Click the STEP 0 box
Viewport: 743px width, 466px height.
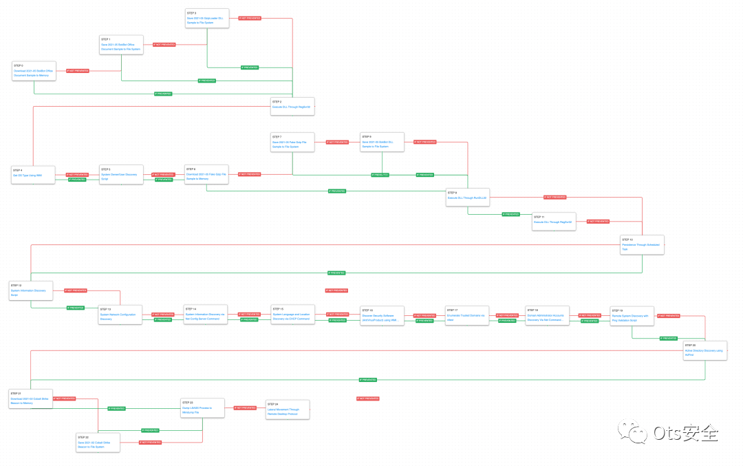point(33,71)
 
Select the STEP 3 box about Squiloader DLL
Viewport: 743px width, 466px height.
point(207,19)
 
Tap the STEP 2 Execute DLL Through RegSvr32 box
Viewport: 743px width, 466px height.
point(292,106)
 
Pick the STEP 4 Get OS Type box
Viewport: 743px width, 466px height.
point(33,175)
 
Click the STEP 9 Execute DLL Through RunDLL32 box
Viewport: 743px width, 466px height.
point(468,198)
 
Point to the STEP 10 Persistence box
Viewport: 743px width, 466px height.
point(642,244)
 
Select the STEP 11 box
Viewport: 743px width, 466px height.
point(554,222)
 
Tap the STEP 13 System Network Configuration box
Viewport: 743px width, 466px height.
point(120,315)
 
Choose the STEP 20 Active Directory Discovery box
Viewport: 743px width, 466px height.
point(704,350)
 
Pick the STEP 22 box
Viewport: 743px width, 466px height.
point(98,442)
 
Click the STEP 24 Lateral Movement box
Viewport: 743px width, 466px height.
point(288,410)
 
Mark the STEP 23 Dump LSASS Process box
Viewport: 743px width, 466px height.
point(202,408)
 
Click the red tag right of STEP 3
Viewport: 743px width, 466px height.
point(249,19)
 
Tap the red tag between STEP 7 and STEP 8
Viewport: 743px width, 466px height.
point(337,142)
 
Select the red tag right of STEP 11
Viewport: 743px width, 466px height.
point(597,222)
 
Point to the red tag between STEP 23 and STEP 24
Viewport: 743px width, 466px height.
point(245,408)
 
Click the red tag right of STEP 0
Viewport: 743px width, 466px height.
point(77,71)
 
